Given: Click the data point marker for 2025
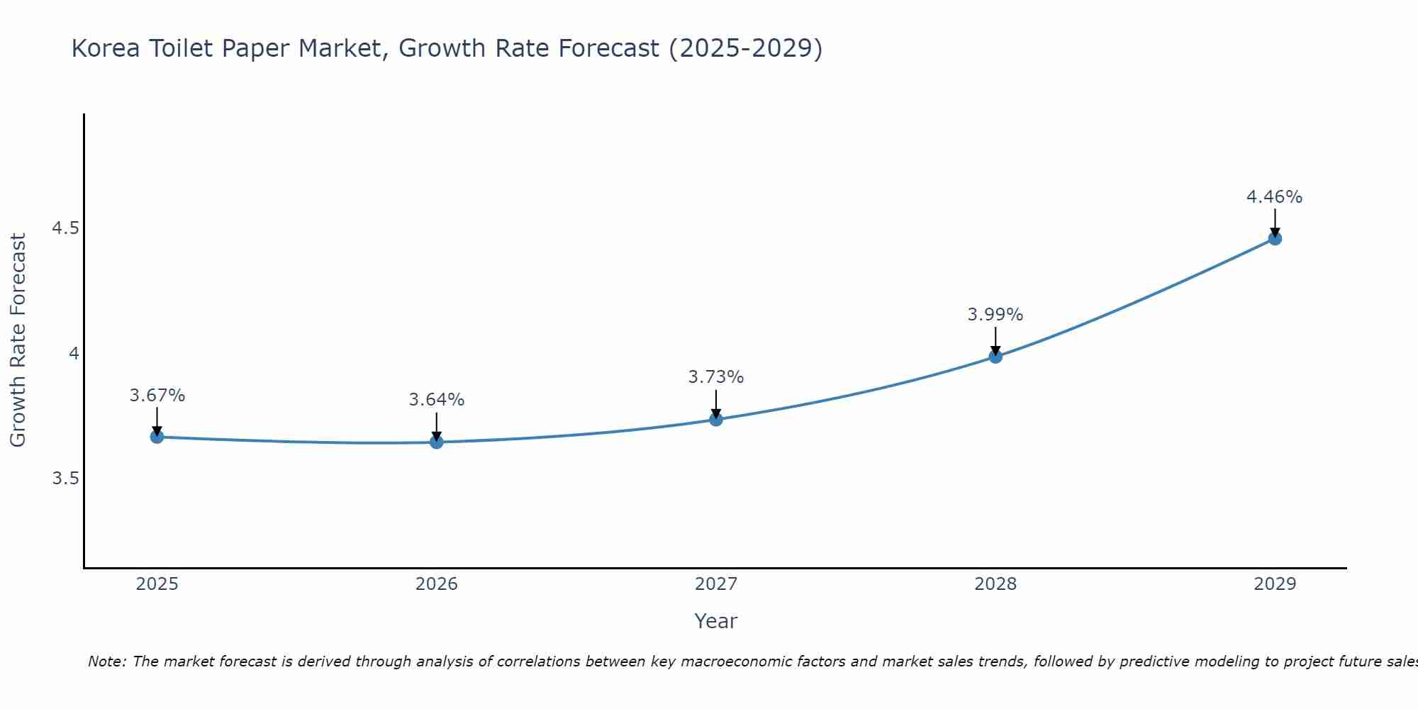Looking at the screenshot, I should (x=157, y=437).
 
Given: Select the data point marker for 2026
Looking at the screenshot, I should (x=437, y=442).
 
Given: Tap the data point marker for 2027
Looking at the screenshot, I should (x=716, y=420).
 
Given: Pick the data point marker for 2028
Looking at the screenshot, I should (x=995, y=357).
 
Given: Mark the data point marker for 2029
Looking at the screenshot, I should (x=1275, y=239).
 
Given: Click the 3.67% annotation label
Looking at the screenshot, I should (x=157, y=396).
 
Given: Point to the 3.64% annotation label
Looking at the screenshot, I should (x=437, y=400).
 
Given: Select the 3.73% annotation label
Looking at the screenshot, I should (x=716, y=377).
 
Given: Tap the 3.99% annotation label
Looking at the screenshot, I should (x=995, y=315).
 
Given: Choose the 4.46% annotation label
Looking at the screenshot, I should (x=1275, y=197).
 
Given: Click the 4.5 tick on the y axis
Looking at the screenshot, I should (x=65, y=228).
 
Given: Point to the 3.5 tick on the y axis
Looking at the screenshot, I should (x=65, y=479).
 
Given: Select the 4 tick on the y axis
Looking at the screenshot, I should (x=74, y=353).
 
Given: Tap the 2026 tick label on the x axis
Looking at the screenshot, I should (x=437, y=584).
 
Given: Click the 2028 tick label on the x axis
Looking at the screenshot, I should (x=995, y=584).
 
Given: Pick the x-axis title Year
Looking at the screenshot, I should (x=716, y=621).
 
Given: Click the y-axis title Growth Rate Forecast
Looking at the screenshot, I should (x=18, y=340).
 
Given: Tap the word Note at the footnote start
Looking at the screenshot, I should (x=106, y=661).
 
